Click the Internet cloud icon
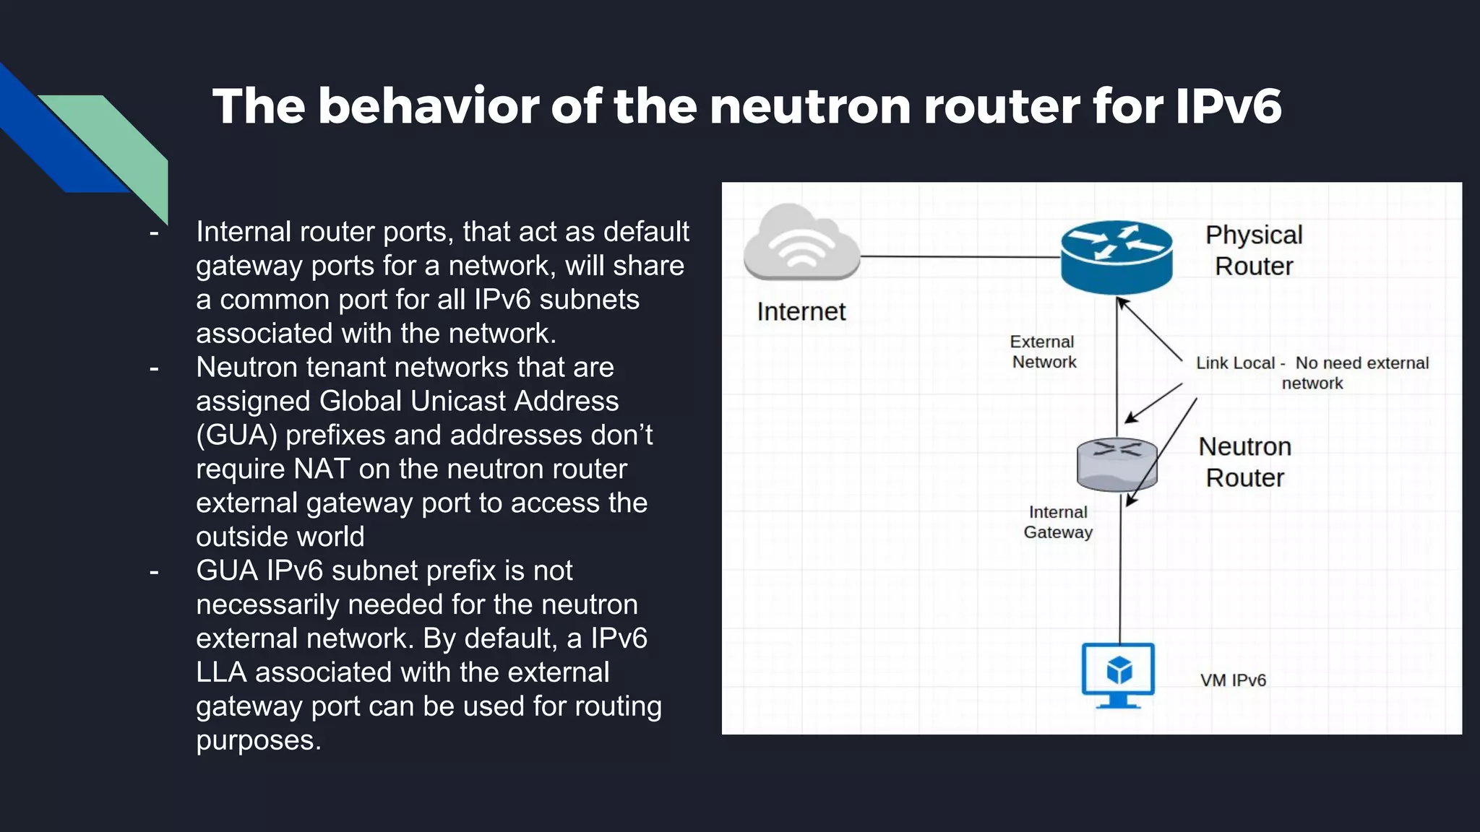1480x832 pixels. [801, 243]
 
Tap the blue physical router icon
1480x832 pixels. [1117, 257]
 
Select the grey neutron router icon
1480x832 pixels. [1117, 464]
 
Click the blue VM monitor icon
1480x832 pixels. [1118, 675]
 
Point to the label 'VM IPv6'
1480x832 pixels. [1233, 680]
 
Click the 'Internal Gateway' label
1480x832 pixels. [1058, 522]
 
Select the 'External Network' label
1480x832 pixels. [1043, 352]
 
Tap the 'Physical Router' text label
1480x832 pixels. [1254, 251]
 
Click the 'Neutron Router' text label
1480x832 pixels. [1244, 462]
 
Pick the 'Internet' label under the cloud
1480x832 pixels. [801, 312]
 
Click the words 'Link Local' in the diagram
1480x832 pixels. [1234, 363]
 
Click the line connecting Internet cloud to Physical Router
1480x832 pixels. [961, 256]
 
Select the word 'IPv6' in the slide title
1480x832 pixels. [1228, 106]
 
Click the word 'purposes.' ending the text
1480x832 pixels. [258, 740]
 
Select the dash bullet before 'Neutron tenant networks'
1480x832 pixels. [154, 368]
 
